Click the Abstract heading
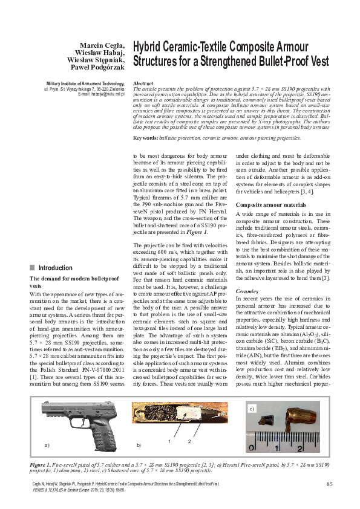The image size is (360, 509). (142, 82)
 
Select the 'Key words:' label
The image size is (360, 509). (145, 138)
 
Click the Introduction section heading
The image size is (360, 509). (55, 268)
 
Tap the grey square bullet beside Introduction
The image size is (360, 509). (32, 268)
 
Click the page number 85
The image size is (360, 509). (329, 483)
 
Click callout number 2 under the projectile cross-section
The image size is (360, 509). (189, 442)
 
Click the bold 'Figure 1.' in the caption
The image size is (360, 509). (42, 462)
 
